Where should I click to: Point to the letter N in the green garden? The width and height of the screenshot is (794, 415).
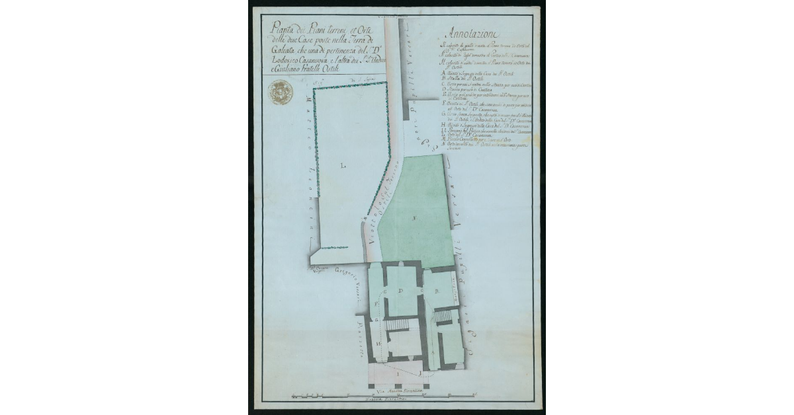point(415,217)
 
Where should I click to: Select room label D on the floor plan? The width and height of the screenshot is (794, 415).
point(400,291)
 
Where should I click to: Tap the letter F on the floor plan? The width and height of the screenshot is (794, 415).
point(376,303)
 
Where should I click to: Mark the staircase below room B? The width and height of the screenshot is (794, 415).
point(445,319)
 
